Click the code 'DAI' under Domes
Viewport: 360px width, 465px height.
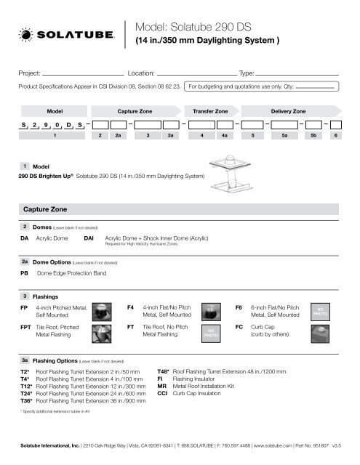(x=89, y=236)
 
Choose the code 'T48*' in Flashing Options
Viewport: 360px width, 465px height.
(x=164, y=369)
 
